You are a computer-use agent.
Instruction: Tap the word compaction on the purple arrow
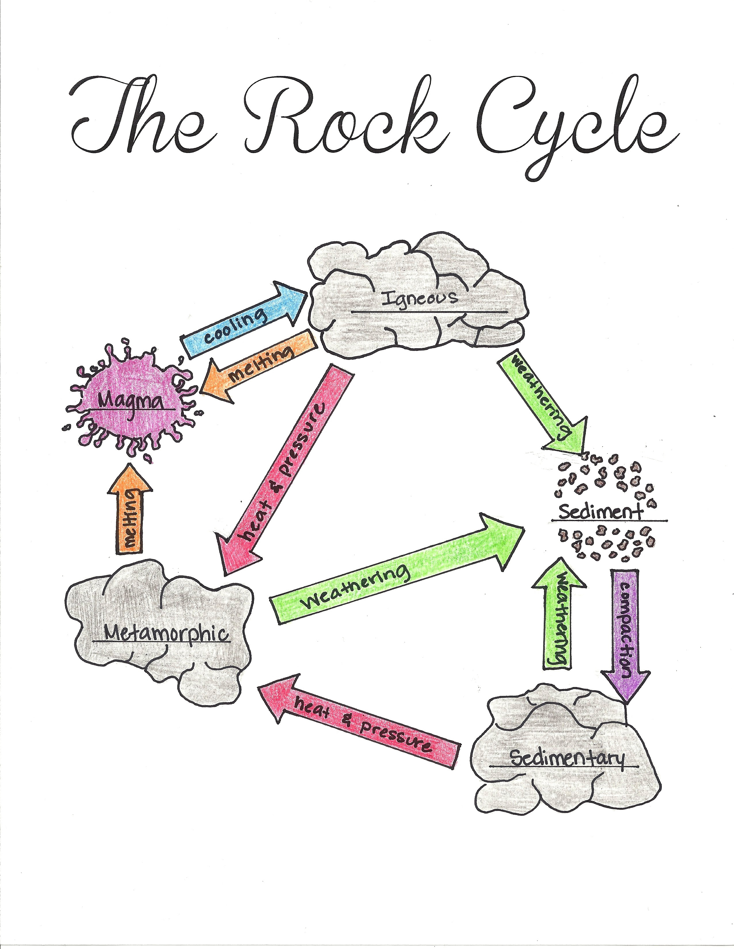pos(625,626)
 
